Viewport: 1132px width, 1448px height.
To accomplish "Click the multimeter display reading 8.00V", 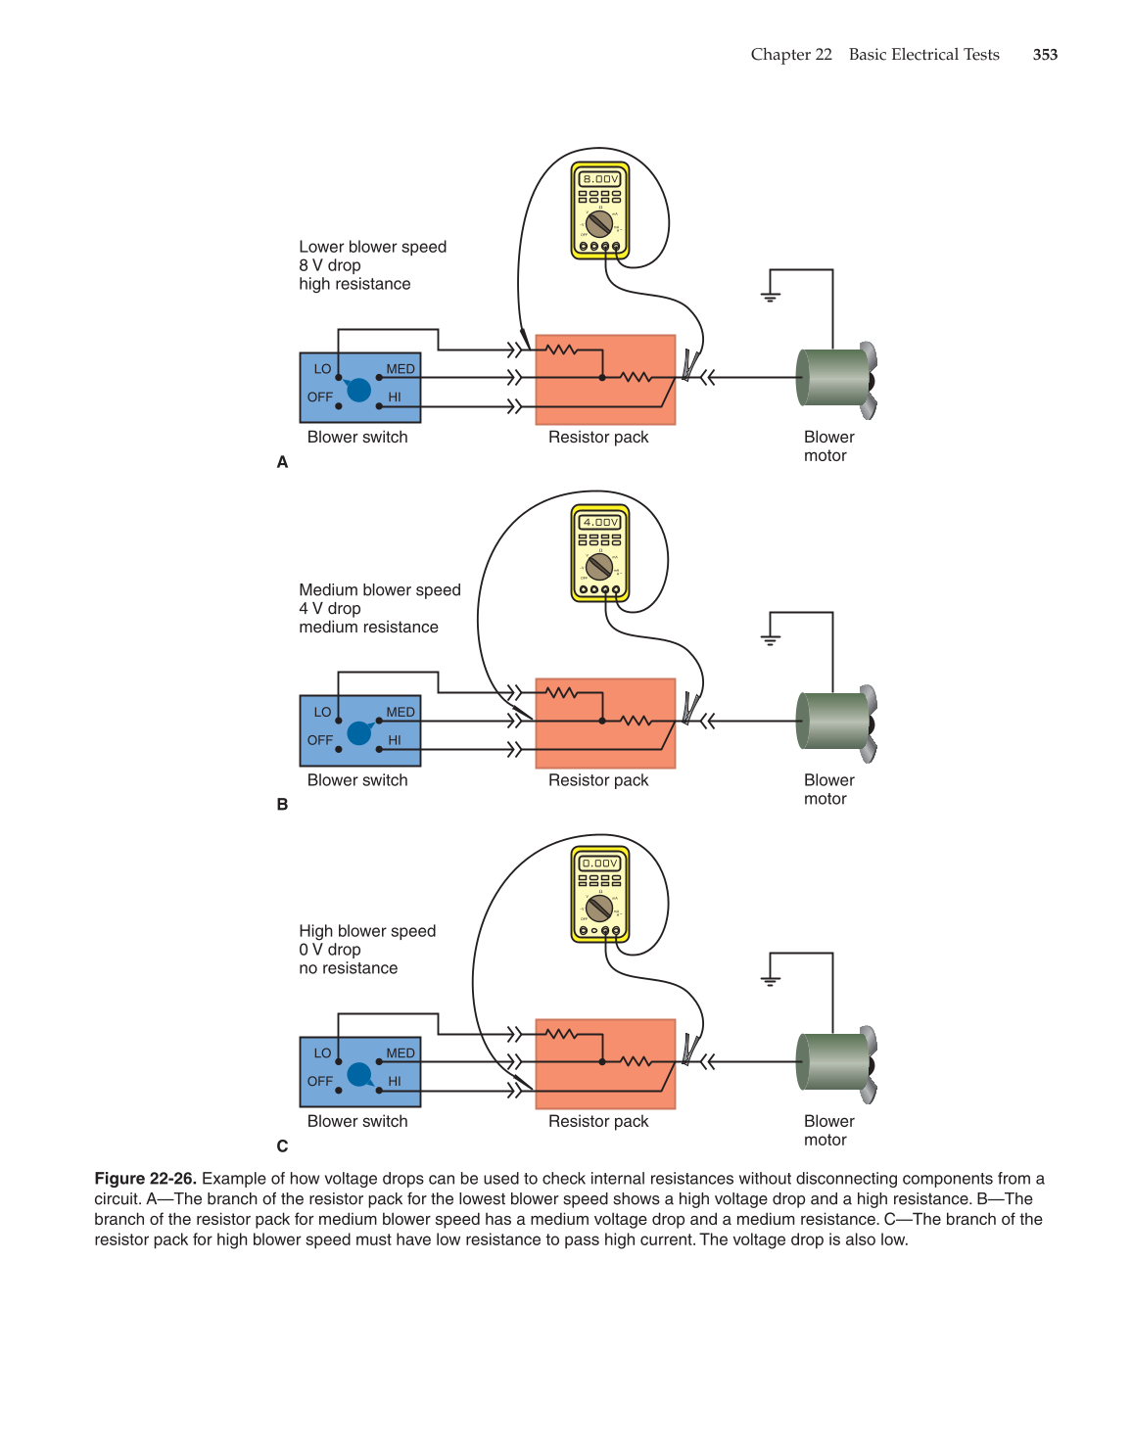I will point(600,179).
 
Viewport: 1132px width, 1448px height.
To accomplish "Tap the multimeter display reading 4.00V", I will point(600,522).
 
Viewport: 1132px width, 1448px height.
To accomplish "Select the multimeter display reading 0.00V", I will point(600,864).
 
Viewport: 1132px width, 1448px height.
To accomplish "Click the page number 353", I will point(1045,55).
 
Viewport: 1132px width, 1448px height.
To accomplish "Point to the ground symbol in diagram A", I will point(771,295).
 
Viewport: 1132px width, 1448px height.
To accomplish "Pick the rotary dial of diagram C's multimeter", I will point(599,908).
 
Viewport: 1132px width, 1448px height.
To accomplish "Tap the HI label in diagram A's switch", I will point(395,397).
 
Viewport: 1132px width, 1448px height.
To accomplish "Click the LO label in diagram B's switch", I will point(322,712).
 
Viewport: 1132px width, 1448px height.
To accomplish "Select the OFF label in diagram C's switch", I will point(320,1081).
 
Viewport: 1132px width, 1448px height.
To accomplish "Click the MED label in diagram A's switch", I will point(401,369).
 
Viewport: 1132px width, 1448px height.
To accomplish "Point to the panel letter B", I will point(282,805).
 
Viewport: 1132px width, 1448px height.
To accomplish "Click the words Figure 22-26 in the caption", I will point(145,1179).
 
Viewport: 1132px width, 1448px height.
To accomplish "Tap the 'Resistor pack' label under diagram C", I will point(598,1121).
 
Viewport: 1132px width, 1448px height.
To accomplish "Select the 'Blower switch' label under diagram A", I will point(357,437).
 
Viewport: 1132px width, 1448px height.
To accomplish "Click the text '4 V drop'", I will point(330,608).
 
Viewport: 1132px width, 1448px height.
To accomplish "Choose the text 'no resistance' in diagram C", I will point(349,968).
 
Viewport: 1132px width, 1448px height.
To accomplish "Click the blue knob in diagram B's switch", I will point(359,732).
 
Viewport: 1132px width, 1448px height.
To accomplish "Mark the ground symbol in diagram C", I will point(771,978).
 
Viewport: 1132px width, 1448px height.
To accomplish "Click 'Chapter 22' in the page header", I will point(791,55).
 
